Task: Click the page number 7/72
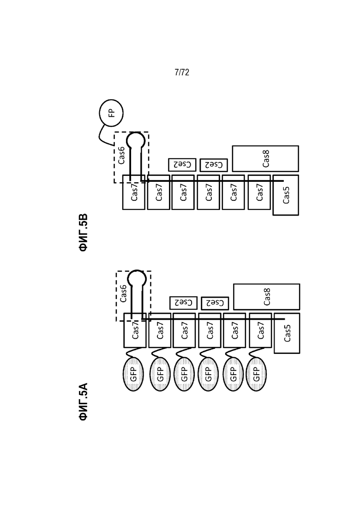click(182, 72)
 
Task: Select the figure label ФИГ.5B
click(83, 233)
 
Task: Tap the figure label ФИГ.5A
click(83, 402)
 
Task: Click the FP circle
click(111, 113)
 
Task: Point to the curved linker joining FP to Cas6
click(100, 136)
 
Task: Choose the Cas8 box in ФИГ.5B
click(265, 158)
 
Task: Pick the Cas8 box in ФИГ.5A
click(267, 297)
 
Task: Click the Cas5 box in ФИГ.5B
click(286, 195)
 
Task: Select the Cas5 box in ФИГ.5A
click(287, 333)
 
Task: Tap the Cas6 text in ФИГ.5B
click(121, 155)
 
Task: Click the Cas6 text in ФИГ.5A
click(123, 293)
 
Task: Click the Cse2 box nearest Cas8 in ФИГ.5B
click(214, 165)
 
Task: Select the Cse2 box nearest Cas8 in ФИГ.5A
click(215, 303)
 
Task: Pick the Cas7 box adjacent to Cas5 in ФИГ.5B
click(259, 192)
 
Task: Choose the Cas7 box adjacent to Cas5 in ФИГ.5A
click(260, 330)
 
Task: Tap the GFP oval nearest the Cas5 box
click(257, 374)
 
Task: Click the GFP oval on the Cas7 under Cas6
click(133, 374)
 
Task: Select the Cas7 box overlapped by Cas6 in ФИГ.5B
click(134, 192)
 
